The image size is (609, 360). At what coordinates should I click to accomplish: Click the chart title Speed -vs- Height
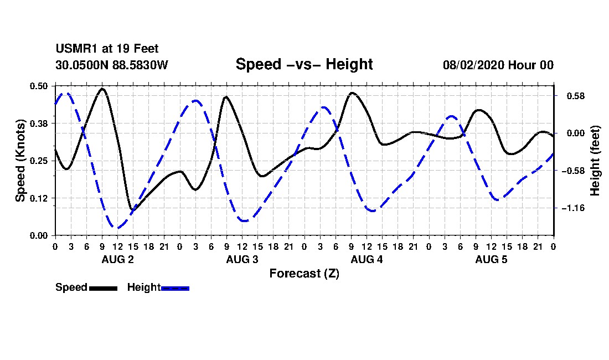click(x=304, y=64)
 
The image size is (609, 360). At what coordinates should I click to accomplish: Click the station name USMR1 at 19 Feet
click(x=107, y=49)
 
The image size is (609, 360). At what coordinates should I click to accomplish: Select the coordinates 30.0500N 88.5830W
click(x=112, y=65)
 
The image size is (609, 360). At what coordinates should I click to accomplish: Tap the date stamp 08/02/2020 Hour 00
click(x=498, y=65)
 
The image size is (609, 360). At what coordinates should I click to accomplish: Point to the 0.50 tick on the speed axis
click(x=39, y=86)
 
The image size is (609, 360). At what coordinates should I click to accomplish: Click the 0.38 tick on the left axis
click(x=39, y=124)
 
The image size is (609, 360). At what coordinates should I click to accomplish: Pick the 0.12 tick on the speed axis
click(x=39, y=198)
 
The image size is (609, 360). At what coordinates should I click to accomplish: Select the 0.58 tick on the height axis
click(x=576, y=96)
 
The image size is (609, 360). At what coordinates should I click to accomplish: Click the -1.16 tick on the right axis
click(x=573, y=208)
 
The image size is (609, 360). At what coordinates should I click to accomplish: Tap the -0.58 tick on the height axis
click(x=573, y=171)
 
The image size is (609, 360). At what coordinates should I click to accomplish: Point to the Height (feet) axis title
click(x=595, y=161)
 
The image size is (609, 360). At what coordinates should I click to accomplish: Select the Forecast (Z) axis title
click(x=304, y=274)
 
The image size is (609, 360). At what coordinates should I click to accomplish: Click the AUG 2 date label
click(x=118, y=259)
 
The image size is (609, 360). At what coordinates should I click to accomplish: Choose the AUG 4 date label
click(x=367, y=259)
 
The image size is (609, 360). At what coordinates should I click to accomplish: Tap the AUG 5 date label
click(x=491, y=259)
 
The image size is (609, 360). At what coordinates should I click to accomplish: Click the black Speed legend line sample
click(x=104, y=288)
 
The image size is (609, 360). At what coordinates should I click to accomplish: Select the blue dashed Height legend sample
click(x=175, y=288)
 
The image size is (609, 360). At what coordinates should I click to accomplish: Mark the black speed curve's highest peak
click(x=102, y=89)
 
